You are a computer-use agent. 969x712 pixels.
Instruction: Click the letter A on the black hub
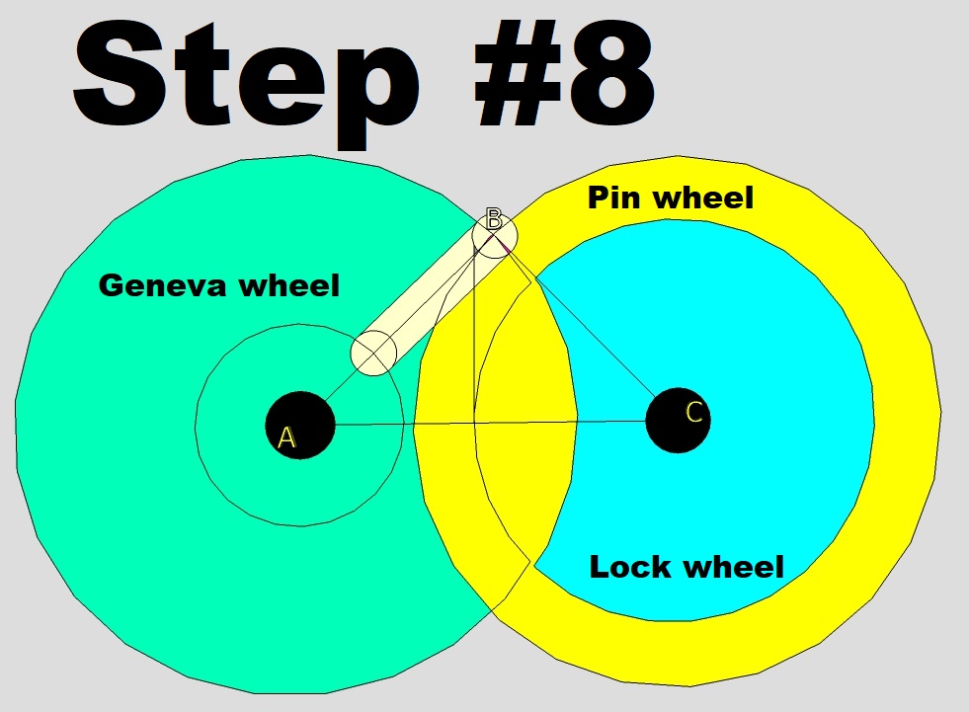pyautogui.click(x=286, y=437)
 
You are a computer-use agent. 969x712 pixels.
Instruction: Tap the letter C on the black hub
pyautogui.click(x=693, y=413)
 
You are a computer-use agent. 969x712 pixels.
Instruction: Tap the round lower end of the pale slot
pyautogui.click(x=374, y=354)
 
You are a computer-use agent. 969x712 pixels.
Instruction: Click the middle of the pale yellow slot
pyautogui.click(x=435, y=294)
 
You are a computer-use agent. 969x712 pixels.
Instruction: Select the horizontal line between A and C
pyautogui.click(x=494, y=424)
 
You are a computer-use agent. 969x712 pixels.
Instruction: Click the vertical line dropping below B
pyautogui.click(x=475, y=336)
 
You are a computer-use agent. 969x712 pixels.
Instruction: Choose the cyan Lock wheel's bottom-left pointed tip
pyautogui.click(x=533, y=563)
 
